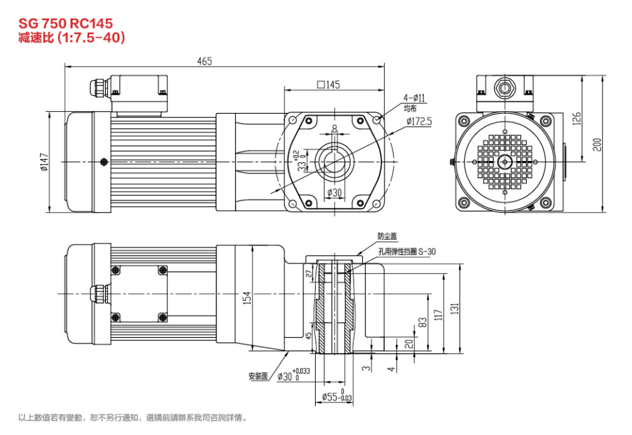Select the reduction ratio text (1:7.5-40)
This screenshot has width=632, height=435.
[72, 39]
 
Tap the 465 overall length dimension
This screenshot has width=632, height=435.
[204, 61]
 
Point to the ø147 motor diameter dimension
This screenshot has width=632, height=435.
[45, 162]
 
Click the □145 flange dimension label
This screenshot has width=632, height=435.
[329, 84]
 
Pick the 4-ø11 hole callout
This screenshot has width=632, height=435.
[414, 98]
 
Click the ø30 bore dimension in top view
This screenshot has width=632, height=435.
[334, 193]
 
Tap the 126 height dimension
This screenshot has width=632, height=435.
[577, 118]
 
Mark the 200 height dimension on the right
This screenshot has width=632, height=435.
[597, 144]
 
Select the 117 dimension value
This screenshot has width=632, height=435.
[438, 314]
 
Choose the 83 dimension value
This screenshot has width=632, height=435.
[422, 323]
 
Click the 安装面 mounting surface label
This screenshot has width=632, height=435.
[258, 376]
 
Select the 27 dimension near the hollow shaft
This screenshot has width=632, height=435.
[308, 274]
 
